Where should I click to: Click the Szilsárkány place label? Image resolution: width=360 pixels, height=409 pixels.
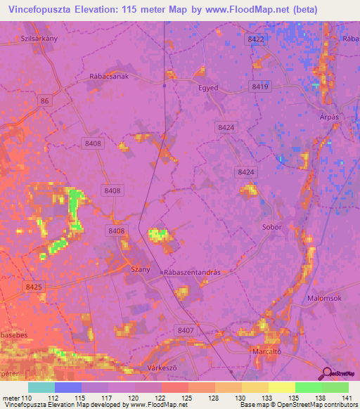pos(39,39)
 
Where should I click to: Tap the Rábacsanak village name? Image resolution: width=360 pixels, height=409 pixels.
pos(110,79)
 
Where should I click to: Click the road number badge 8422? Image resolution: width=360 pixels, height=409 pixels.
pos(256,40)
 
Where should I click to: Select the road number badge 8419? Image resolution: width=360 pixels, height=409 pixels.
pos(260,86)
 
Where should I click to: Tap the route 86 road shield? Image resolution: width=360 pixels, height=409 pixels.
pos(46,102)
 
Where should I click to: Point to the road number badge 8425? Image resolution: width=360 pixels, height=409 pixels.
pos(33,287)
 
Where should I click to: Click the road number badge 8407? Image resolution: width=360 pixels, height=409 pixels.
pos(186,330)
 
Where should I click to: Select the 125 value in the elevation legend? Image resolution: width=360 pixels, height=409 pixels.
pos(186,398)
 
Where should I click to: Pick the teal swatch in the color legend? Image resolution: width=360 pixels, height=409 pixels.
pos(41,387)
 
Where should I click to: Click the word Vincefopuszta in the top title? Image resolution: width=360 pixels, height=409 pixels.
pos(44,10)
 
